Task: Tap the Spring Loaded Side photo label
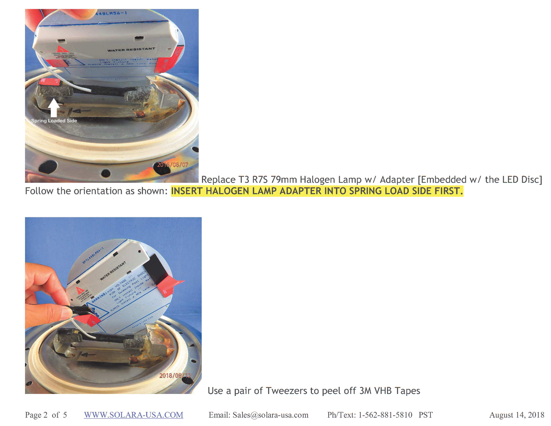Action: click(54, 121)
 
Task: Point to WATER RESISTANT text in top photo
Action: click(131, 50)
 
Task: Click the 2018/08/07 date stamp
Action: click(173, 165)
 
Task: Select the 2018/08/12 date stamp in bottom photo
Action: click(175, 375)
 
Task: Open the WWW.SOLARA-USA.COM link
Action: click(133, 415)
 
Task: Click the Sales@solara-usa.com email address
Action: click(270, 415)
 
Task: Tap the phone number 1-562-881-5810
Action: click(385, 415)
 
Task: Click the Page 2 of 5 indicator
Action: click(46, 415)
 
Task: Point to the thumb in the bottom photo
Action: click(46, 312)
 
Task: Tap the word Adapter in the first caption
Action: click(397, 180)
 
